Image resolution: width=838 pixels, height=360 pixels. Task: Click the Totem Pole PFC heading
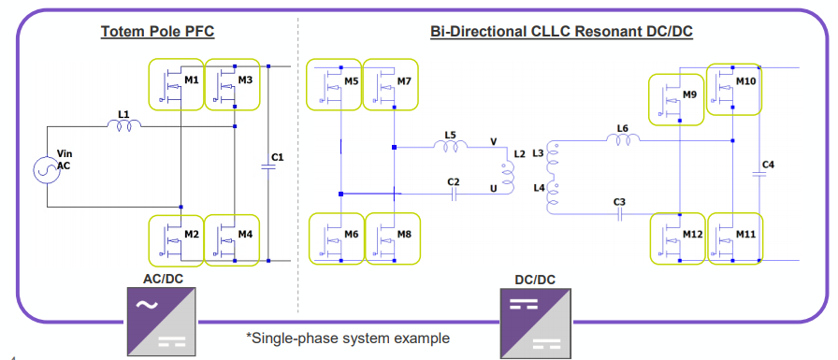[158, 32]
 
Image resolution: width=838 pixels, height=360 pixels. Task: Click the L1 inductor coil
[123, 126]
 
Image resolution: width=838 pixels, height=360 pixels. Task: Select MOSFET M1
[177, 85]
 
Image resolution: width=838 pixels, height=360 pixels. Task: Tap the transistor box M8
[392, 238]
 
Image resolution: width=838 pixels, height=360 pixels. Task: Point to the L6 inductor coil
[623, 140]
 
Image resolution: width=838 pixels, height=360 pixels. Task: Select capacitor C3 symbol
[619, 214]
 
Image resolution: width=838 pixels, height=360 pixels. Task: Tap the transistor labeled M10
[734, 88]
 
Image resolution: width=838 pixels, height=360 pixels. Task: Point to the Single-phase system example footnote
[348, 338]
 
